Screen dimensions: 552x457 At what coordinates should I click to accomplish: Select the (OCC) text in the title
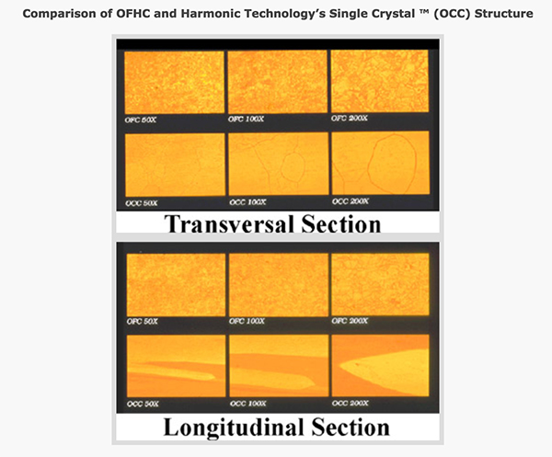pyautogui.click(x=452, y=14)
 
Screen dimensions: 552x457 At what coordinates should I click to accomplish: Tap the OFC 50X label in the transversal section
pyautogui.click(x=140, y=120)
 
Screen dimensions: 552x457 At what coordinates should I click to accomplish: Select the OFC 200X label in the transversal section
pyautogui.click(x=349, y=119)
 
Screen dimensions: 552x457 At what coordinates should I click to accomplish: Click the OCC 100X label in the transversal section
pyautogui.click(x=247, y=202)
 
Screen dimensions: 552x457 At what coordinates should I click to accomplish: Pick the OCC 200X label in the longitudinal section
pyautogui.click(x=350, y=403)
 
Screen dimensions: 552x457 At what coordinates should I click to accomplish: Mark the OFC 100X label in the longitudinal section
pyautogui.click(x=247, y=321)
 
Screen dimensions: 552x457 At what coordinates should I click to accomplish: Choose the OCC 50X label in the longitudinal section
pyautogui.click(x=143, y=404)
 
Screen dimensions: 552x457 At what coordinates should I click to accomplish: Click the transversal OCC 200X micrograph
pyautogui.click(x=380, y=163)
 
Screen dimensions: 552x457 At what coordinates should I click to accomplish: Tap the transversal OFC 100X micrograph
pyautogui.click(x=278, y=82)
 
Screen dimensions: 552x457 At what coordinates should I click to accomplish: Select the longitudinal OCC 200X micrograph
pyautogui.click(x=380, y=366)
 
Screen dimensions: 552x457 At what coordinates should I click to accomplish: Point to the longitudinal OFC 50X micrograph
pyautogui.click(x=176, y=285)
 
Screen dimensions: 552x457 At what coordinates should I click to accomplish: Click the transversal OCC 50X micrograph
pyautogui.click(x=175, y=165)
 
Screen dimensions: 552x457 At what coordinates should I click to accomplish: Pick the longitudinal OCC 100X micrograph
pyautogui.click(x=279, y=366)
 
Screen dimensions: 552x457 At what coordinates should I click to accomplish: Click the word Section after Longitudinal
pyautogui.click(x=351, y=427)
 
